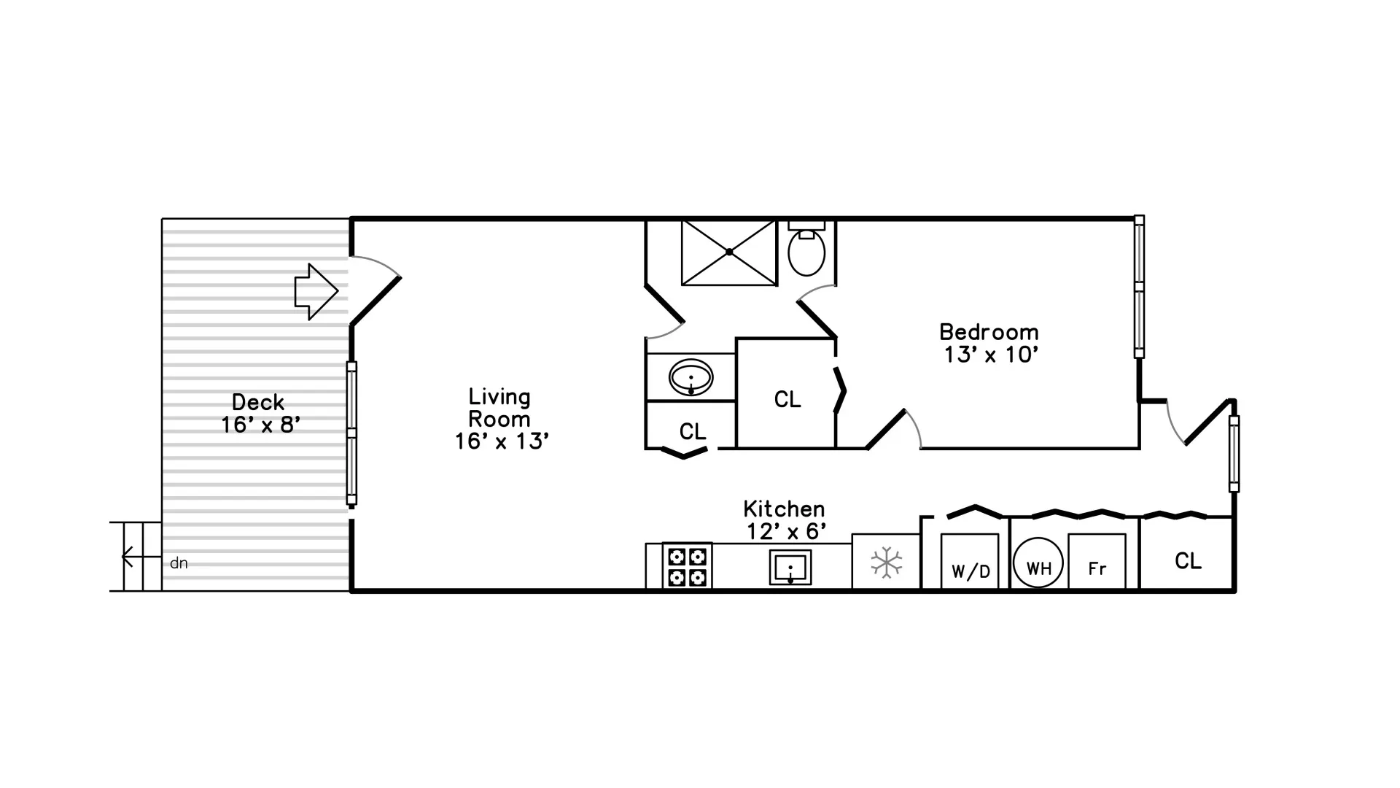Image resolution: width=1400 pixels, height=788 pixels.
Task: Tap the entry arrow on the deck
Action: pyautogui.click(x=316, y=291)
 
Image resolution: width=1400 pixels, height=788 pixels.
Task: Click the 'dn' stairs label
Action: pyautogui.click(x=179, y=563)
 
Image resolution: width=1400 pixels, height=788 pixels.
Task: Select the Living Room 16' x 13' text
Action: pyautogui.click(x=500, y=420)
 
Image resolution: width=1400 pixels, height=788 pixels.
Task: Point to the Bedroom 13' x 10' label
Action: pyautogui.click(x=989, y=343)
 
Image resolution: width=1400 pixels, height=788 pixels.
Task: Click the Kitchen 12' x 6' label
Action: pyautogui.click(x=785, y=520)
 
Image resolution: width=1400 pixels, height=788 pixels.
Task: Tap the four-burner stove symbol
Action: pyautogui.click(x=688, y=566)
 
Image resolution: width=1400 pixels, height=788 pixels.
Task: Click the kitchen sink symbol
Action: pyautogui.click(x=790, y=567)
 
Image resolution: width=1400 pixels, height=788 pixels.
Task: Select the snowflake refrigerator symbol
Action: pyautogui.click(x=886, y=563)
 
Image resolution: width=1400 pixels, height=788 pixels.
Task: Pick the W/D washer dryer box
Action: pyautogui.click(x=970, y=562)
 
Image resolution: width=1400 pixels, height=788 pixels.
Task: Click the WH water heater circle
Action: pyautogui.click(x=1038, y=563)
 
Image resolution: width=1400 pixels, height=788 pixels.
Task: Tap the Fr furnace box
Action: pyautogui.click(x=1097, y=562)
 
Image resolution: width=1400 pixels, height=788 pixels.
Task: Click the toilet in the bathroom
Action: pyautogui.click(x=806, y=250)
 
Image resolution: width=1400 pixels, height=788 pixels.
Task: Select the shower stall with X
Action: pyautogui.click(x=729, y=252)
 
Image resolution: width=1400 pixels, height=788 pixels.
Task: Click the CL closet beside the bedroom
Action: pyautogui.click(x=787, y=399)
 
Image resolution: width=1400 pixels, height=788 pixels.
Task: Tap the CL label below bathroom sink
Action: pyautogui.click(x=692, y=432)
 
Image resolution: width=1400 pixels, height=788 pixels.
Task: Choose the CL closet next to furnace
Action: pyautogui.click(x=1188, y=561)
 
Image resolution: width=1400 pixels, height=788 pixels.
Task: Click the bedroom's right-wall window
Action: pyautogui.click(x=1139, y=287)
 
